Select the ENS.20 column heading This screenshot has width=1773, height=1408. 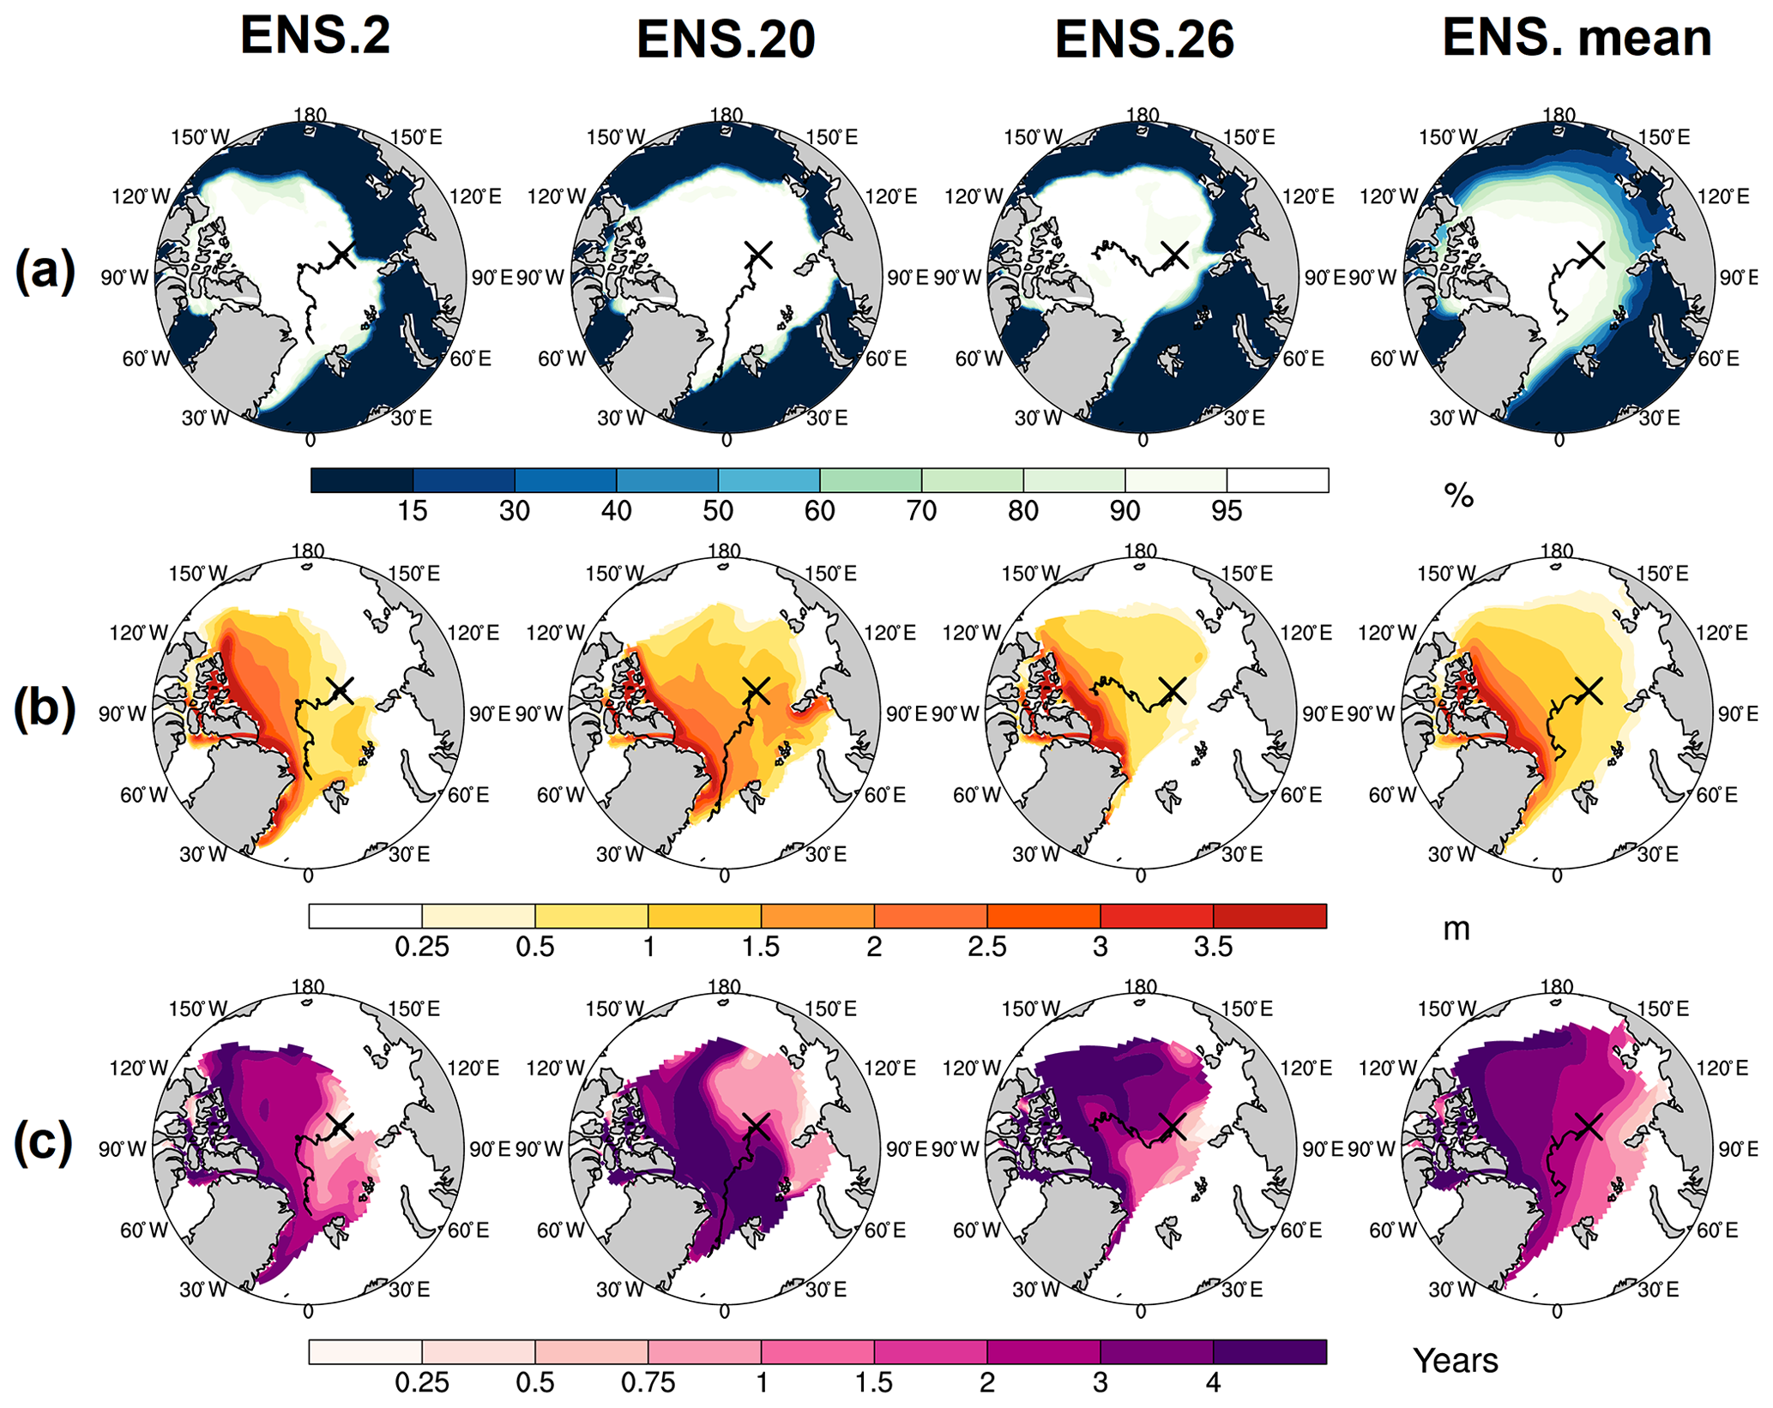tap(726, 39)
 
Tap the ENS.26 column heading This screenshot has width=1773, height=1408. tap(1144, 39)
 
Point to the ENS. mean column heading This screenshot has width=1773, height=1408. tap(1577, 38)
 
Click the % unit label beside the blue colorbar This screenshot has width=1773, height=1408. tap(1458, 495)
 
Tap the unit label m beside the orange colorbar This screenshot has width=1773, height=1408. tap(1456, 929)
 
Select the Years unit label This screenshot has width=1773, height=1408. tap(1456, 1361)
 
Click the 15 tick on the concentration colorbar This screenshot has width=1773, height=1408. tap(413, 511)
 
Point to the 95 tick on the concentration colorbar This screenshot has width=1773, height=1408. tap(1227, 511)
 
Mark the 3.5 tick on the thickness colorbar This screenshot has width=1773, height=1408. tap(1214, 947)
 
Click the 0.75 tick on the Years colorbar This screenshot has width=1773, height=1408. tap(648, 1382)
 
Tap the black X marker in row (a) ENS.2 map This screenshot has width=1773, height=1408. tap(342, 254)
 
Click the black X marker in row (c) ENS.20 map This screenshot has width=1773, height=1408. tap(756, 1126)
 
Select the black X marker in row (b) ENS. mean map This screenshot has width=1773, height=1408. tap(1589, 689)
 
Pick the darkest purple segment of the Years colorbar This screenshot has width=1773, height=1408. tap(1270, 1352)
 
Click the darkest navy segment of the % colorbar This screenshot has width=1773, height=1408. tap(362, 480)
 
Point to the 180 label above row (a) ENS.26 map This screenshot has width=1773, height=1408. tap(1143, 115)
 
